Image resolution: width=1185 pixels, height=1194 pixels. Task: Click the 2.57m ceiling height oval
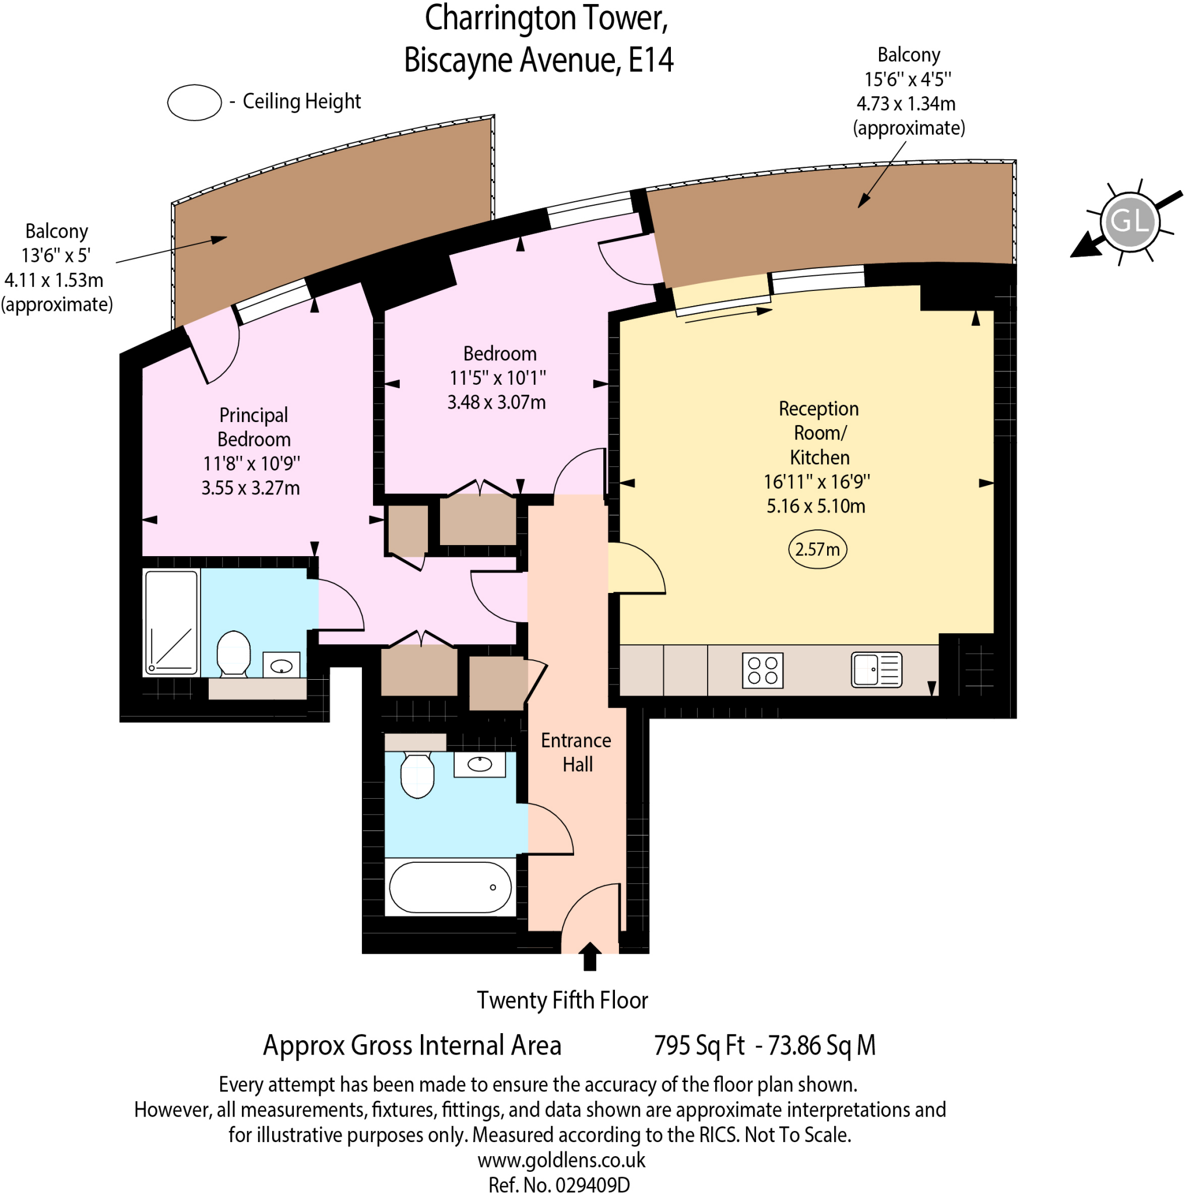[x=817, y=549]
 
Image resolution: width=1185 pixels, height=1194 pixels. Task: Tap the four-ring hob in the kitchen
[x=762, y=670]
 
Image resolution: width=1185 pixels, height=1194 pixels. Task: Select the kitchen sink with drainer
[x=876, y=669]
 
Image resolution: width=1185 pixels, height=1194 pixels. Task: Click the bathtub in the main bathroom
[x=450, y=887]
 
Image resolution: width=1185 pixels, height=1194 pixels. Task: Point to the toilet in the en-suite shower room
[x=234, y=653]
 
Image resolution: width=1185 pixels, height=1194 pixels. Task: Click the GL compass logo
[x=1130, y=221]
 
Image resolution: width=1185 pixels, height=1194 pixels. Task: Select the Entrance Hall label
[x=576, y=752]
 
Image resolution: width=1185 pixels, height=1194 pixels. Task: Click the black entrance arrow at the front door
[x=589, y=956]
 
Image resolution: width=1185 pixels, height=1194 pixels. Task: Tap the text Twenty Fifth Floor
[x=562, y=1000]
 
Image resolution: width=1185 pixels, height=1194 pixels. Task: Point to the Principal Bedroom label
[x=254, y=426]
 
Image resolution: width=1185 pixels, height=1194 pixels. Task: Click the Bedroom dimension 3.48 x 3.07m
[x=496, y=402]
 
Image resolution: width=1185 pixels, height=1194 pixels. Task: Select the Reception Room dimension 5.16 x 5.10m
[x=815, y=506]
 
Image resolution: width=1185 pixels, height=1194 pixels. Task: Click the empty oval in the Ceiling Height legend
[x=194, y=102]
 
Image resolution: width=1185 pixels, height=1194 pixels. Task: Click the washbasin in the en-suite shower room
[x=281, y=666]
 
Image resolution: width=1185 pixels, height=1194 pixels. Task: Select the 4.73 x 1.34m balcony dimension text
[x=905, y=103]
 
